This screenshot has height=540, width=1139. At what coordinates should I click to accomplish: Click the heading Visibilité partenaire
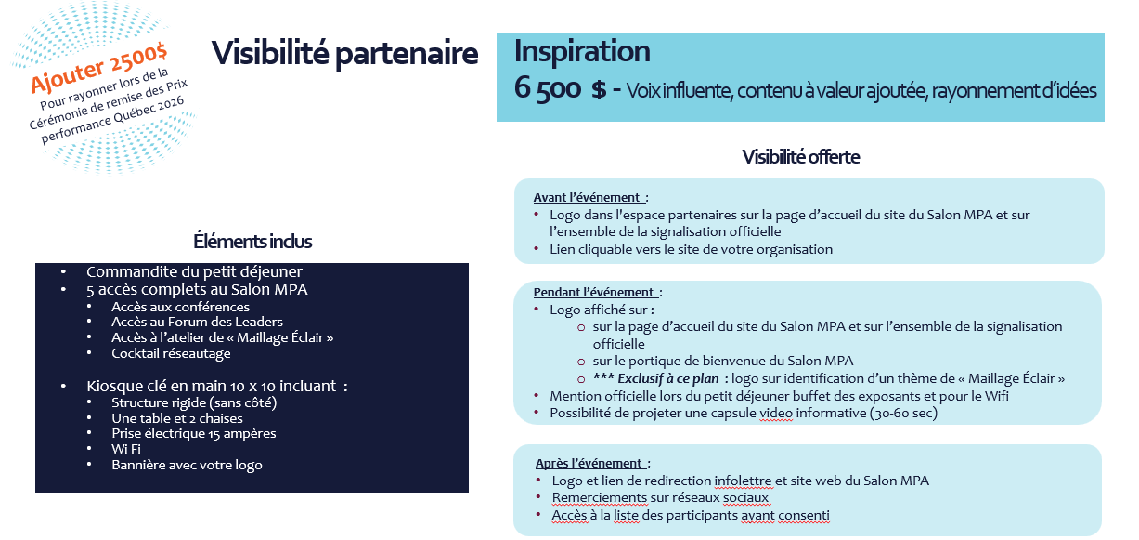[x=344, y=53]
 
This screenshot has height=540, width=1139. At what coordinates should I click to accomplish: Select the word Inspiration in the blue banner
[x=582, y=51]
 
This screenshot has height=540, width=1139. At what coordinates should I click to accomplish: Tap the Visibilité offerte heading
[x=800, y=157]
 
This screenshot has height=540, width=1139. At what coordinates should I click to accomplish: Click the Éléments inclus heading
[x=252, y=242]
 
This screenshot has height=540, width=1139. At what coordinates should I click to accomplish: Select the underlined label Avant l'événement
[x=589, y=197]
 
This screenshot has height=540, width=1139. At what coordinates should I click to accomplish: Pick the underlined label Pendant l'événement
[x=596, y=292]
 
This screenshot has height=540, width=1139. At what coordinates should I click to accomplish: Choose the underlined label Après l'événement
[x=590, y=463]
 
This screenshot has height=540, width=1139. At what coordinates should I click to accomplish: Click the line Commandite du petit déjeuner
[x=194, y=272]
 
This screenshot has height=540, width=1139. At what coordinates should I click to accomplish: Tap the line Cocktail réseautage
[x=171, y=353]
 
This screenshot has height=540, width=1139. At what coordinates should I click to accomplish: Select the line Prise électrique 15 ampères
[x=193, y=433]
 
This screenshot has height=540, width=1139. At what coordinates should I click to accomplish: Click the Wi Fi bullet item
[x=126, y=449]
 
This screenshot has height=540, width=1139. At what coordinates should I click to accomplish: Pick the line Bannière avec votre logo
[x=187, y=465]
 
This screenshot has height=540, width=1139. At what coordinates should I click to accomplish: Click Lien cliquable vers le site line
[x=691, y=249]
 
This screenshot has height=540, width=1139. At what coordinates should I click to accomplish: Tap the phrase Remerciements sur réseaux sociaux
[x=660, y=498]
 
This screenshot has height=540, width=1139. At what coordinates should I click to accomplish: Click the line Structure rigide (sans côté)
[x=194, y=402]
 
